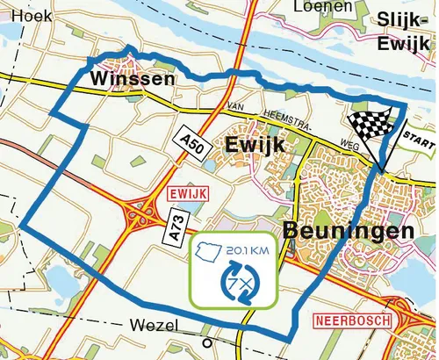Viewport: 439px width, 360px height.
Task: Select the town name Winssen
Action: [x=132, y=80]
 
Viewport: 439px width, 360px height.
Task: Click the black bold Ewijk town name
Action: [x=255, y=146]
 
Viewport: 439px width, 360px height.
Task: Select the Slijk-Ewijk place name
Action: [x=405, y=32]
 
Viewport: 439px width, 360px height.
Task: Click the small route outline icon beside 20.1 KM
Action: [x=212, y=253]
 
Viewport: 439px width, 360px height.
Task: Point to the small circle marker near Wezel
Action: [x=207, y=343]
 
